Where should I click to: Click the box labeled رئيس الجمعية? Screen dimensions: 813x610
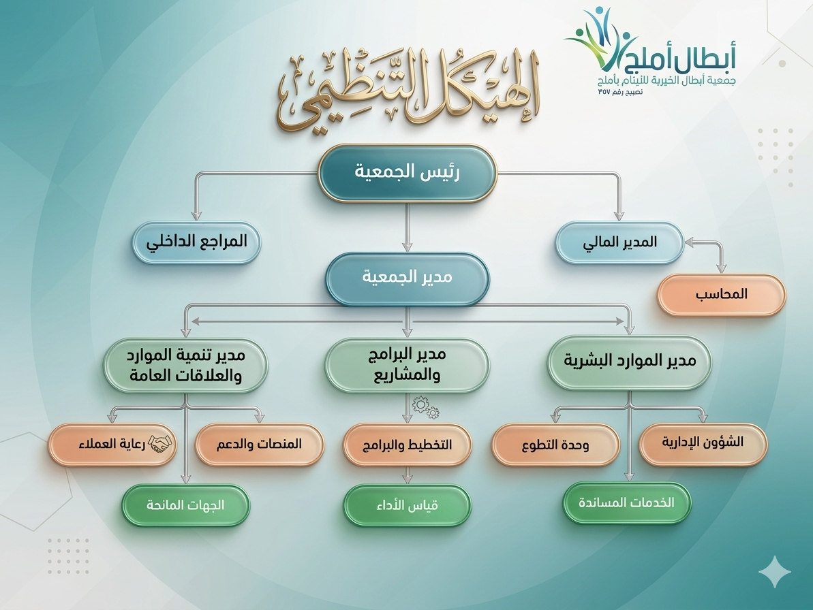pos(407,172)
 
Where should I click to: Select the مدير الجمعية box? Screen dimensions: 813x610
pos(407,278)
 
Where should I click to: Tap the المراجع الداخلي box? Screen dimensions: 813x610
pos(196,242)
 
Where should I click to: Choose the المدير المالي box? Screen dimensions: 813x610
pos(619,242)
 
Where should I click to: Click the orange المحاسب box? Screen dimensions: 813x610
pos(721,295)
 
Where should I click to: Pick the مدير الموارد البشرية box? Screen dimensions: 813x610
pos(630,362)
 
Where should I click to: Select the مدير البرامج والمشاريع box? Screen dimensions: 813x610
pos(407,365)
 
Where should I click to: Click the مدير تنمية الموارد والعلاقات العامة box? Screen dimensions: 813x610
pos(185,365)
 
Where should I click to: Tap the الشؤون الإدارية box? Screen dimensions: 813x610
pos(703,444)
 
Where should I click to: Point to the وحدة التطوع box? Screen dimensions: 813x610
pos(555,445)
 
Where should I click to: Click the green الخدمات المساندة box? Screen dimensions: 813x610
pos(627,502)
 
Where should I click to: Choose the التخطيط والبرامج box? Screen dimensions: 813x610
pos(407,445)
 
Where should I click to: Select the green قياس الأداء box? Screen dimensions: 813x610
pos(407,505)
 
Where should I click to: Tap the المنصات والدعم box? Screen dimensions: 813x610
pos(259,445)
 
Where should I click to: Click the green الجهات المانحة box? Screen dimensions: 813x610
pos(185,505)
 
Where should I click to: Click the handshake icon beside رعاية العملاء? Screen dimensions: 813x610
pos(159,443)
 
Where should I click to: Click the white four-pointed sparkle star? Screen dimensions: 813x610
pos(775,572)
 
